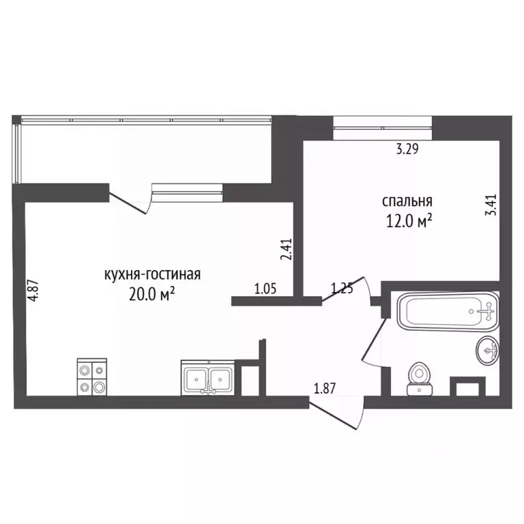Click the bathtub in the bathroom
click(448, 312)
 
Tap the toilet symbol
click(420, 379)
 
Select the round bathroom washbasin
click(487, 350)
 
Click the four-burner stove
click(92, 377)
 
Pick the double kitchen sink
click(208, 377)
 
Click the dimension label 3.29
click(407, 149)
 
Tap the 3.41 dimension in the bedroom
click(491, 205)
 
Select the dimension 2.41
click(287, 249)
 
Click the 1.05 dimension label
click(265, 289)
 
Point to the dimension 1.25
click(342, 288)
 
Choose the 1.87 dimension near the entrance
click(325, 389)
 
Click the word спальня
click(407, 201)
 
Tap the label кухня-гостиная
click(152, 274)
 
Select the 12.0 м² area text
click(409, 221)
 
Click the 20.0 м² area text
click(151, 295)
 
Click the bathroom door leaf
click(374, 339)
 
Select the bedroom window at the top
click(382, 128)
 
